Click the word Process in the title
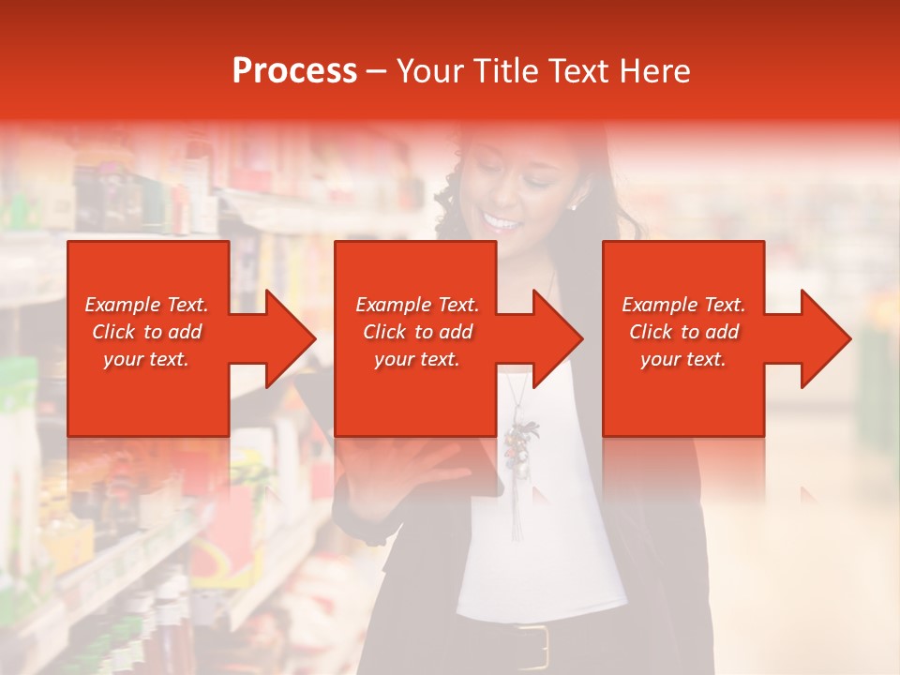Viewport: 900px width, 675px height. (x=294, y=71)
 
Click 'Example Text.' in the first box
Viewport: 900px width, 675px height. (x=146, y=305)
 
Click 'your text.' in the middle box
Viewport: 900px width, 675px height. (x=416, y=359)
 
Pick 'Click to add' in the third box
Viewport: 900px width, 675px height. (x=683, y=332)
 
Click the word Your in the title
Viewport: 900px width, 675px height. (x=430, y=71)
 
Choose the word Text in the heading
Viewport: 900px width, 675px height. (x=574, y=71)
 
